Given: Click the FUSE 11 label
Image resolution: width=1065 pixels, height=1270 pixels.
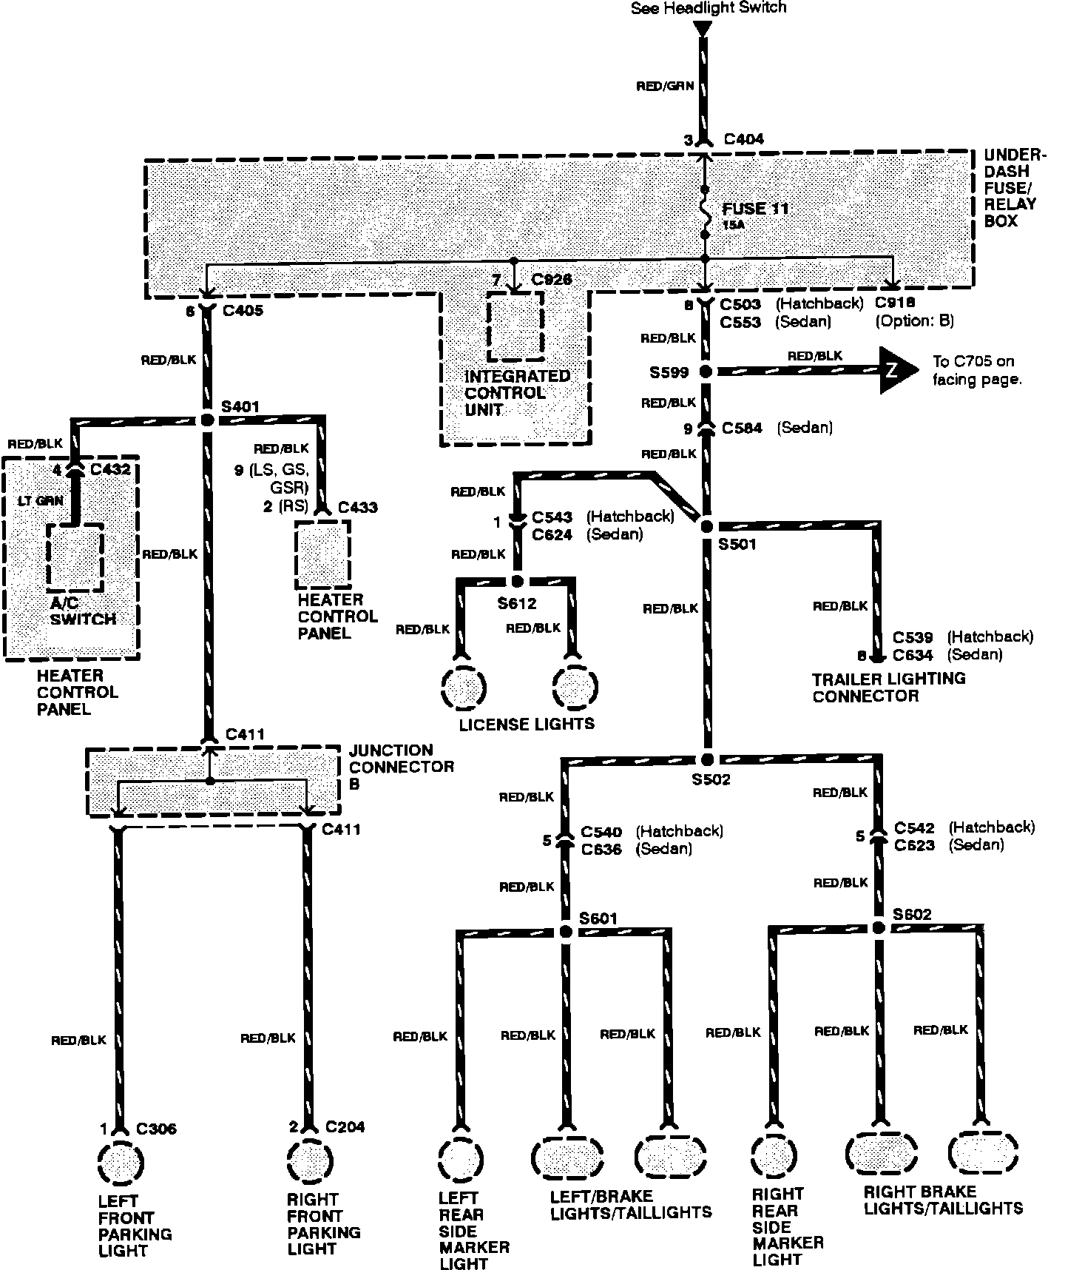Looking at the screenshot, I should point(755,209).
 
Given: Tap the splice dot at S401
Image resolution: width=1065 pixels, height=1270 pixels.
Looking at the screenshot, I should point(207,420).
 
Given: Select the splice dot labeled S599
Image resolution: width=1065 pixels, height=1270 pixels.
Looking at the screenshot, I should point(706,372).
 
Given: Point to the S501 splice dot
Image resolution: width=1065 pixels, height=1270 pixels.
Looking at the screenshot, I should point(706,526).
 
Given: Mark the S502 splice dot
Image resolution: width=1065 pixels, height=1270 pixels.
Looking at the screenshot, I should point(707,760).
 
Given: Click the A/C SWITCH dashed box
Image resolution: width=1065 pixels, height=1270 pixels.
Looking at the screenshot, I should point(75,557).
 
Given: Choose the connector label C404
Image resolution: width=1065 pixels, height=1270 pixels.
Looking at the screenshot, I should point(743,139).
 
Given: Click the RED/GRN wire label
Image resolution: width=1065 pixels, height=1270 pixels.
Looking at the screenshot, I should point(665,86).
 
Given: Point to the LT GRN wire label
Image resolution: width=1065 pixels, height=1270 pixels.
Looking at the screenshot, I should point(39,501).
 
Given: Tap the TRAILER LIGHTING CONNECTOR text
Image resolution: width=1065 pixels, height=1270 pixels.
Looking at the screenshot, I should point(888,687).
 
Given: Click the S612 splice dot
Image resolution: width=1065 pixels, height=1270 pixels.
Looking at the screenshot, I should point(517,582).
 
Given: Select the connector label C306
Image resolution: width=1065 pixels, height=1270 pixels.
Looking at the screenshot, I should point(156,1129).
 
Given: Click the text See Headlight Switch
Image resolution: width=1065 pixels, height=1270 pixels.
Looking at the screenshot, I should point(708,8).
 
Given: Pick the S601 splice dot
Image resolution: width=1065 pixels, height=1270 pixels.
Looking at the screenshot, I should point(566,932).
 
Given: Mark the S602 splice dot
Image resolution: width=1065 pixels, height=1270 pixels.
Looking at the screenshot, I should point(879,928).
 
